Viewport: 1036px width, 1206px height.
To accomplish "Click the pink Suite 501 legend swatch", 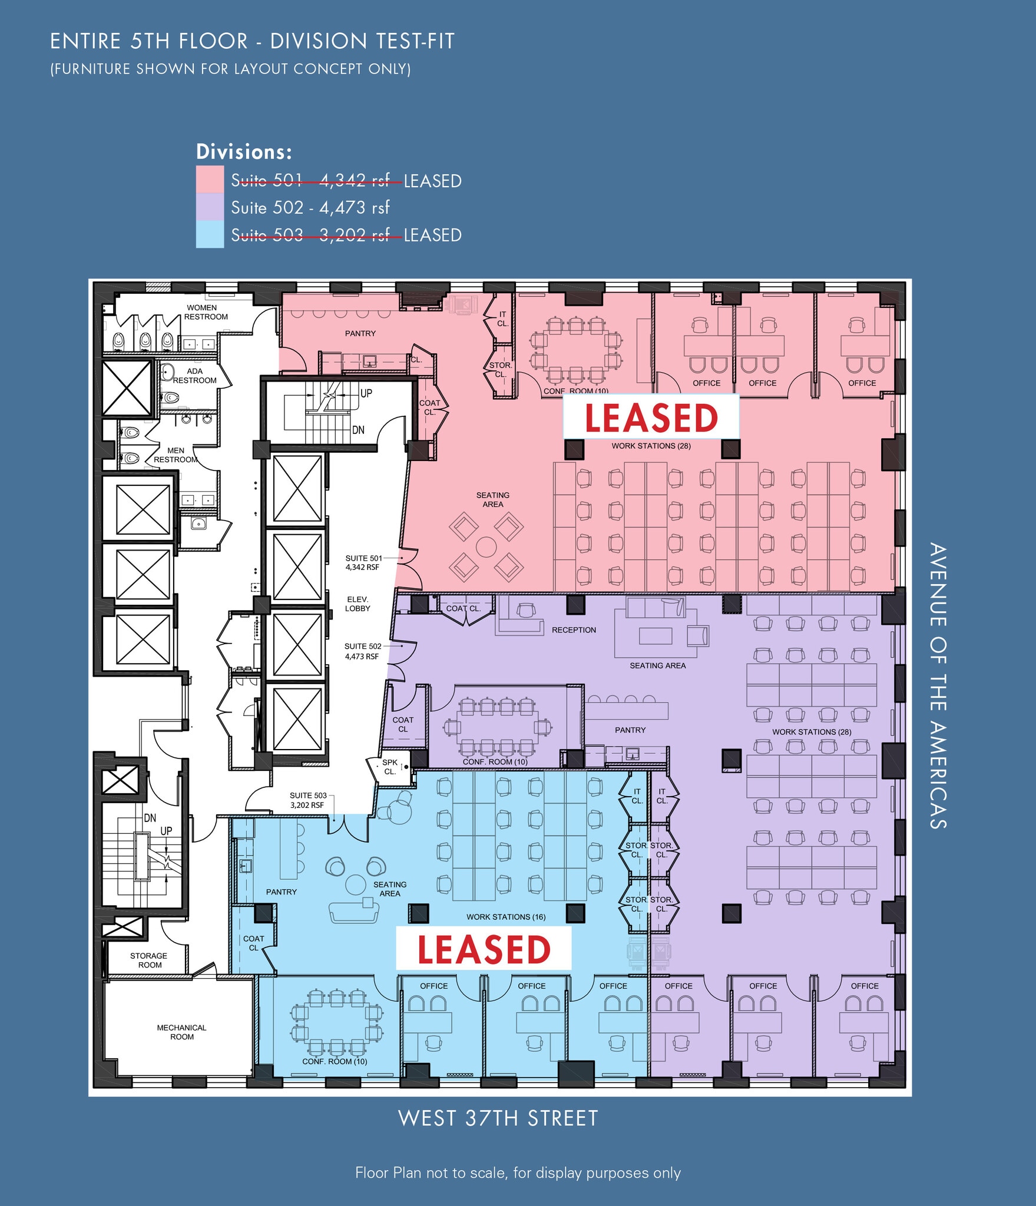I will point(210,179).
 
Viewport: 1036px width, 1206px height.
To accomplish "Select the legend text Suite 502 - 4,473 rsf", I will point(310,207).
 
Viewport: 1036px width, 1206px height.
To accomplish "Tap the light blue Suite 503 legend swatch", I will point(210,234).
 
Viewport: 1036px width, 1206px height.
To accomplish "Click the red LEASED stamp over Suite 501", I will point(651,418).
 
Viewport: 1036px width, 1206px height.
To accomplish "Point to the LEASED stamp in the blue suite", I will point(484,949).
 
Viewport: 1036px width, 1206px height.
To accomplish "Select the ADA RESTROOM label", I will point(195,376).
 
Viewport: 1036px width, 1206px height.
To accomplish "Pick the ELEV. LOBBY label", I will point(358,604).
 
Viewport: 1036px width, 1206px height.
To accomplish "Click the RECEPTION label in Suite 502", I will point(574,630).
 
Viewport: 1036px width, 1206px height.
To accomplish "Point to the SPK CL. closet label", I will point(390,767).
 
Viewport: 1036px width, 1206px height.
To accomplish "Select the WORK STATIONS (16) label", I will point(506,917).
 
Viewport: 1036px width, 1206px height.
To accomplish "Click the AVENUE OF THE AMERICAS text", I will point(938,686).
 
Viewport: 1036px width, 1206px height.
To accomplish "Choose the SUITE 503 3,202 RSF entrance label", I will point(307,800).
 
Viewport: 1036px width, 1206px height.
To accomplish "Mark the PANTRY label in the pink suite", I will point(360,333).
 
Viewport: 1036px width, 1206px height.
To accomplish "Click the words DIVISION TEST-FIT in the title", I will point(362,41).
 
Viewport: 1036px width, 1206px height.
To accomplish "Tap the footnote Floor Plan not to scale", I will point(518,1172).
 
